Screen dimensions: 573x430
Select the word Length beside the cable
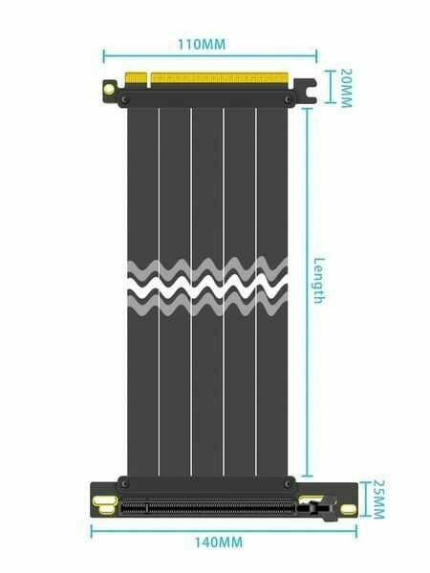tap(319, 281)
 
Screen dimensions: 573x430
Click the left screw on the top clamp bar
tap(128, 97)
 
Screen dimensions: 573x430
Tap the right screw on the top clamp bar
tap(287, 97)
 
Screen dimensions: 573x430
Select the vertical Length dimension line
tap(306, 382)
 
